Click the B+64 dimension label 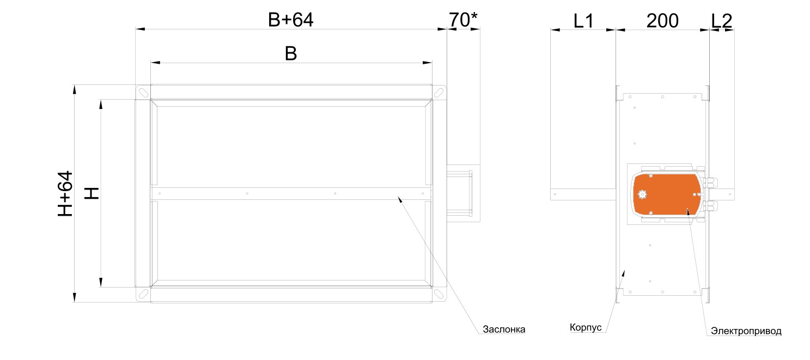click(290, 20)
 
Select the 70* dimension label click(463, 20)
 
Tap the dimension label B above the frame click(291, 53)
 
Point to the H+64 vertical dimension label click(65, 194)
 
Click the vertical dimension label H click(92, 193)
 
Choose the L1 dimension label click(583, 21)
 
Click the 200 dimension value click(662, 21)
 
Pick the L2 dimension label click(721, 21)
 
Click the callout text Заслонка click(504, 330)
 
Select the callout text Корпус click(586, 327)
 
